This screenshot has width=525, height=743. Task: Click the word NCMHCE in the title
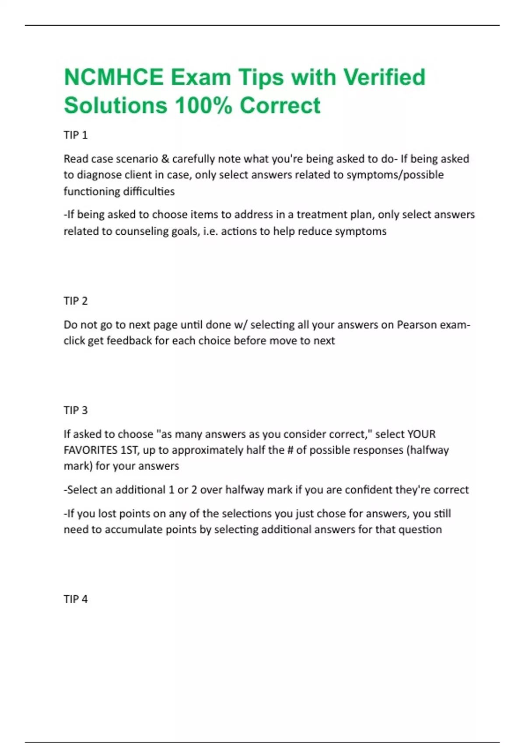(114, 77)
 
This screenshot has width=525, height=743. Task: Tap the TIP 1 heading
(76, 135)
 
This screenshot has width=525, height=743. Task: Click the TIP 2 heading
(76, 301)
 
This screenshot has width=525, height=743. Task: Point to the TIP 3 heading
(76, 410)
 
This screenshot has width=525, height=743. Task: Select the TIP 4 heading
(76, 599)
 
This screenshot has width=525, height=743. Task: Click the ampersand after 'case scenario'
(165, 159)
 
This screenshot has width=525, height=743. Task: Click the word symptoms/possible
(395, 175)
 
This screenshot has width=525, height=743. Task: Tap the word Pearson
(416, 325)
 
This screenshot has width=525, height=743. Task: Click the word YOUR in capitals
(421, 434)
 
